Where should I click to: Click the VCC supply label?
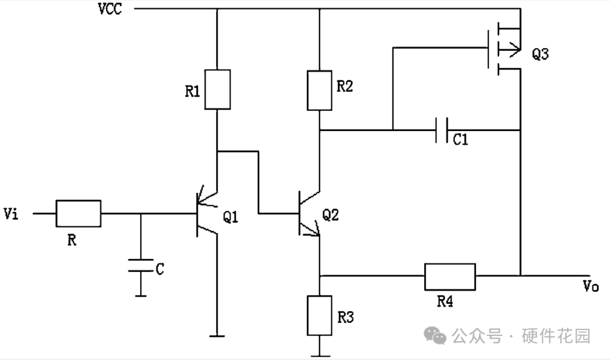[110, 8]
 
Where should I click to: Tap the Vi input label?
[11, 214]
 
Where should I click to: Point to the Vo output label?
[591, 286]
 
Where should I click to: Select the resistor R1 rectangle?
[217, 89]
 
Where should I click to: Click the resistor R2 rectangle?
[319, 90]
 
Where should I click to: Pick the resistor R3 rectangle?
[319, 315]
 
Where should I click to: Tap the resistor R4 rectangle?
[450, 277]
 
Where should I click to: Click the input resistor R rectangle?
[79, 213]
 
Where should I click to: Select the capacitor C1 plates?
[442, 130]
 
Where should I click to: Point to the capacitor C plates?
[141, 265]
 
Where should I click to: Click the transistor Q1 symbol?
[207, 213]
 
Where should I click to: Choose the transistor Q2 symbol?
[310, 213]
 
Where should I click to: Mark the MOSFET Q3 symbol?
[504, 48]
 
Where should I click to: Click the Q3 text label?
[541, 54]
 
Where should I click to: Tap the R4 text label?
[445, 301]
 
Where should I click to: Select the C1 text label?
[460, 139]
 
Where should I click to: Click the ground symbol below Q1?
[217, 336]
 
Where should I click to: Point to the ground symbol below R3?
[320, 355]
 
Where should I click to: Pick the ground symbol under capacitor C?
[141, 296]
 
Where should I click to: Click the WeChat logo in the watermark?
[435, 336]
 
